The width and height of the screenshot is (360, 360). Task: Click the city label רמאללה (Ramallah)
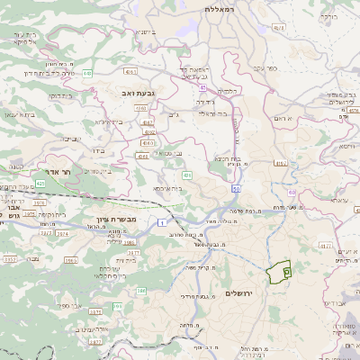220,8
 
